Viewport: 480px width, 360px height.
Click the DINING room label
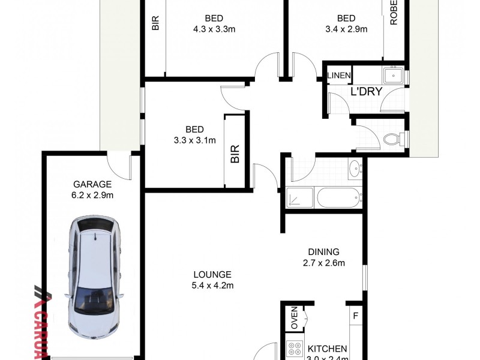pyautogui.click(x=323, y=252)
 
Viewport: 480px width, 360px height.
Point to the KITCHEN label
pyautogui.click(x=328, y=349)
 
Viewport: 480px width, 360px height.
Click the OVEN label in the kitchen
pyautogui.click(x=295, y=317)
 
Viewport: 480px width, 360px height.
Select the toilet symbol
pyautogui.click(x=393, y=140)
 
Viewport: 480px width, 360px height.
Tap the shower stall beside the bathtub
pyautogui.click(x=299, y=197)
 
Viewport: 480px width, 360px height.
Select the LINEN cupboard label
pyautogui.click(x=339, y=76)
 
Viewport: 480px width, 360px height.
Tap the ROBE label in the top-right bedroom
pyautogui.click(x=394, y=13)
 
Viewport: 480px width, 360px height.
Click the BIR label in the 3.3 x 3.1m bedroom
pyautogui.click(x=235, y=154)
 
